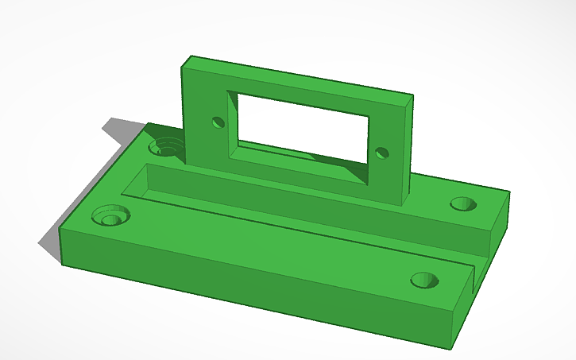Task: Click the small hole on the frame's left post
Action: click(x=216, y=122)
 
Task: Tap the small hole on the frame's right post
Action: click(x=382, y=153)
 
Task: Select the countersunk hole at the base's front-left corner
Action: click(x=110, y=216)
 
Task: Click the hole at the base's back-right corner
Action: click(x=462, y=203)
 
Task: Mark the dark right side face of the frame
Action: click(x=408, y=151)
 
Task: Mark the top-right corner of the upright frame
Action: click(x=414, y=98)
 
